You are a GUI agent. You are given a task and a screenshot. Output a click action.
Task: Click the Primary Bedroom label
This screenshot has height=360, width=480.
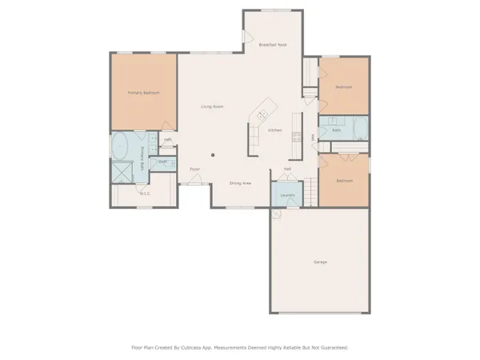coord(144,93)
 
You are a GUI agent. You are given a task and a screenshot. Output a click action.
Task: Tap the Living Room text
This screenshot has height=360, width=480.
coord(211,106)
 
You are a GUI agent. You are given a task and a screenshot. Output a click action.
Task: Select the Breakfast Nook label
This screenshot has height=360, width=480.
coord(273,46)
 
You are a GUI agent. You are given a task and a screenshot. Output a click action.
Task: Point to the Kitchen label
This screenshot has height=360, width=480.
coord(274,130)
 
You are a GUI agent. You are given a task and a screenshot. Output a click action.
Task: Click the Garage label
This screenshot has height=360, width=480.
coord(320,262)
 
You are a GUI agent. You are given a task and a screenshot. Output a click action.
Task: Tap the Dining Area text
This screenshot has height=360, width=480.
coord(241,183)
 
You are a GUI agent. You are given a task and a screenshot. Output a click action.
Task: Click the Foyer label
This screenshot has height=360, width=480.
coord(194,170)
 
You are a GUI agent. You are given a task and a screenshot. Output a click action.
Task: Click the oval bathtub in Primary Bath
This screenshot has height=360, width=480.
coord(122,146)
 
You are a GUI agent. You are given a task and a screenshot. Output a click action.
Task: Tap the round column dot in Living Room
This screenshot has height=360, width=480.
coord(213,154)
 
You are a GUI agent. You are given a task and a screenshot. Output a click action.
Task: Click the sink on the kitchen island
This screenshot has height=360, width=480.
coord(262,115)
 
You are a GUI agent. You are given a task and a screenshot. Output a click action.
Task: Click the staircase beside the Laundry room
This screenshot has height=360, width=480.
coord(310,190)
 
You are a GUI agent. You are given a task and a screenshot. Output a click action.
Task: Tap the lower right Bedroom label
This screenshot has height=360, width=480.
coord(344,181)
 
